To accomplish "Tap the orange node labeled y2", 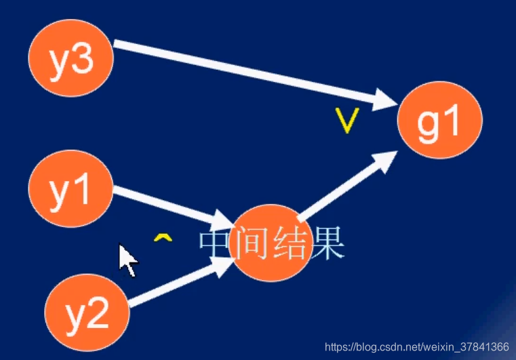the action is pyautogui.click(x=87, y=313).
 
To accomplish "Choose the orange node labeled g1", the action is pyautogui.click(x=439, y=120).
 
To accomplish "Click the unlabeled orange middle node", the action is pyautogui.click(x=270, y=242).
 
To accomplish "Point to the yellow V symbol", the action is pyautogui.click(x=346, y=120).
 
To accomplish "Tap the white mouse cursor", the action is pyautogui.click(x=127, y=260).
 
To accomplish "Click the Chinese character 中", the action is pyautogui.click(x=216, y=245).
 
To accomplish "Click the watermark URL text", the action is pyautogui.click(x=416, y=347).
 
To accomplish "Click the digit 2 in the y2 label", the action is pyautogui.click(x=98, y=313).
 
